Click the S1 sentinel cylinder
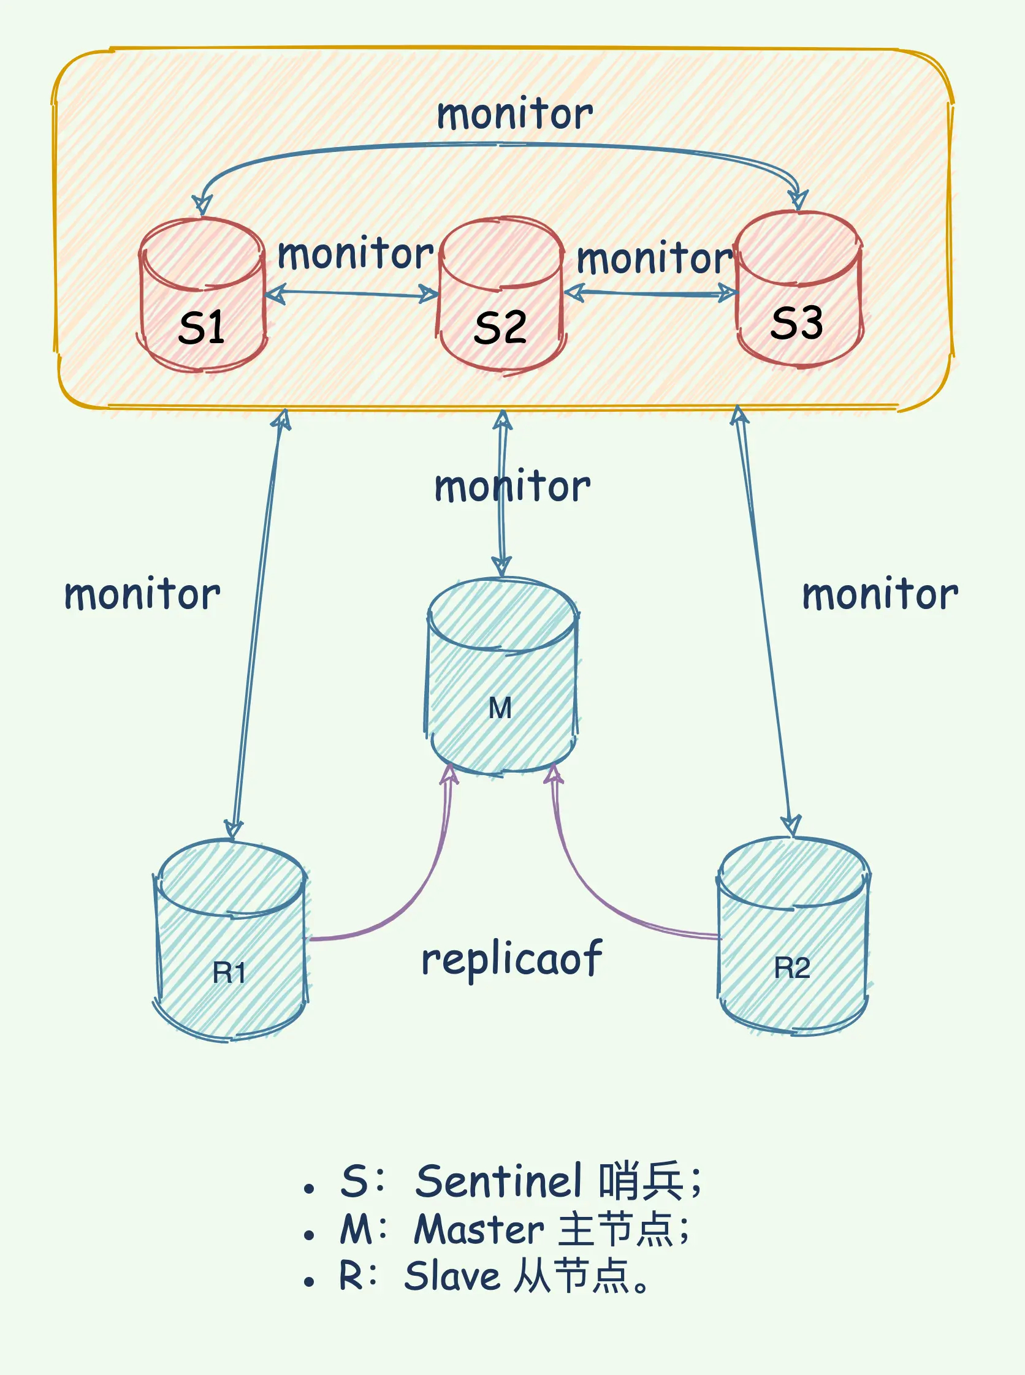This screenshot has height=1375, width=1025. (202, 295)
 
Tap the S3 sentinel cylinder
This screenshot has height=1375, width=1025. (799, 289)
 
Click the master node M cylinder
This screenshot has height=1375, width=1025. (502, 676)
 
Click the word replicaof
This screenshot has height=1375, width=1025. (511, 959)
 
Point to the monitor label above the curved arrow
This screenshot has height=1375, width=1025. (515, 115)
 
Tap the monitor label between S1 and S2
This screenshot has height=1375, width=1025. (356, 254)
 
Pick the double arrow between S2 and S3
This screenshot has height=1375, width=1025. (650, 293)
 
